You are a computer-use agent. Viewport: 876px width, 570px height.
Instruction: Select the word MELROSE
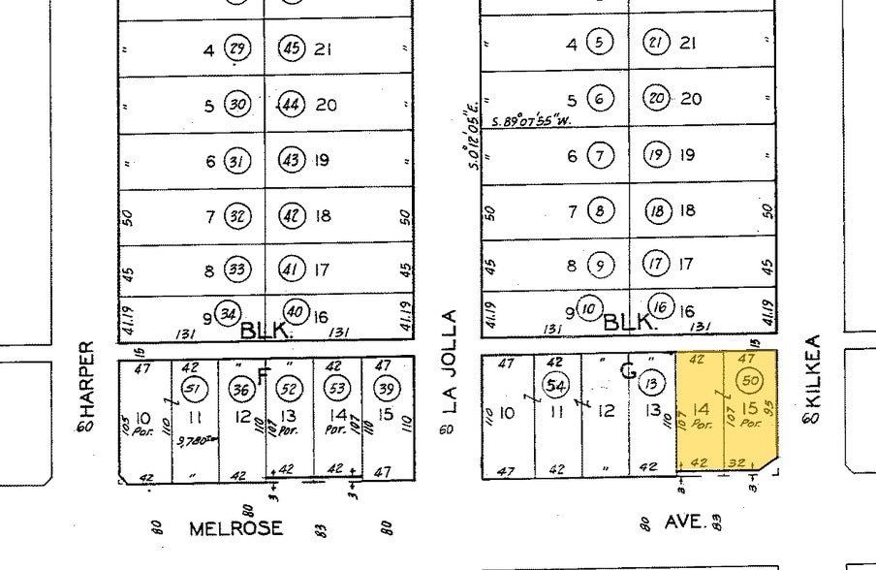[236, 528]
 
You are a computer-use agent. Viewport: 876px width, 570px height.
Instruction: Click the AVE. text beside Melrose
[684, 522]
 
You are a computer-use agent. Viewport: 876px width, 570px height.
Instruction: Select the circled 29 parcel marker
[235, 48]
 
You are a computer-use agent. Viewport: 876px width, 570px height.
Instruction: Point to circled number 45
[292, 48]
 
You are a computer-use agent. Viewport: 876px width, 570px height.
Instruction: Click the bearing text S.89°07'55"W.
[530, 121]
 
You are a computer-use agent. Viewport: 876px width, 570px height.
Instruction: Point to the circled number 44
[292, 105]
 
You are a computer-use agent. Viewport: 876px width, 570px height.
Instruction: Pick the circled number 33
[235, 269]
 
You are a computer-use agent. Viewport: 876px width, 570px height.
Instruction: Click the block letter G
[628, 369]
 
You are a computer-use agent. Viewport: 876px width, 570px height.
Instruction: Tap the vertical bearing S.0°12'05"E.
[474, 141]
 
